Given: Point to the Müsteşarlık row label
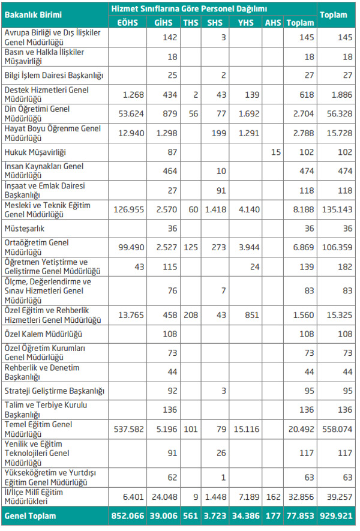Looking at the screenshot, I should (x=24, y=229).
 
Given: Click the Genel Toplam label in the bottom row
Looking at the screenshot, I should (x=29, y=515).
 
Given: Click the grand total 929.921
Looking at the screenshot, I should (x=338, y=515).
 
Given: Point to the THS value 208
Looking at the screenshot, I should (x=191, y=314).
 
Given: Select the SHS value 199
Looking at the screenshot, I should (x=215, y=134).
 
